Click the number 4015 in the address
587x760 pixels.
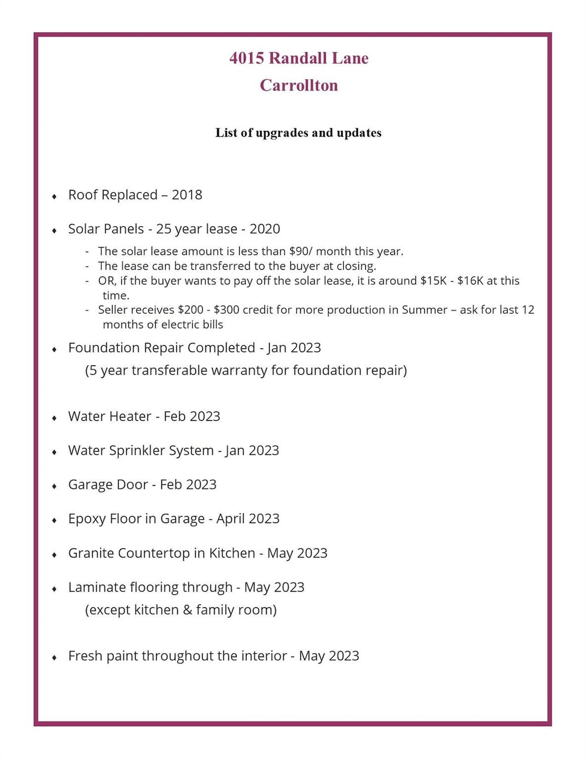tap(247, 58)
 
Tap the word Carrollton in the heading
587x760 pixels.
tap(299, 85)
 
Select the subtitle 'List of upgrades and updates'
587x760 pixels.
tap(298, 132)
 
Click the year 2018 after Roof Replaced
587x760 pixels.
tap(187, 195)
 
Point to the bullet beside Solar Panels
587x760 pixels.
tap(54, 231)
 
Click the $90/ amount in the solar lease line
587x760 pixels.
tap(301, 251)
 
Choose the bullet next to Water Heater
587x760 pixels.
tap(54, 418)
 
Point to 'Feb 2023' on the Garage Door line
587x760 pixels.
tap(188, 484)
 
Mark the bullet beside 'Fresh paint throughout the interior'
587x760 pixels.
tap(54, 658)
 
